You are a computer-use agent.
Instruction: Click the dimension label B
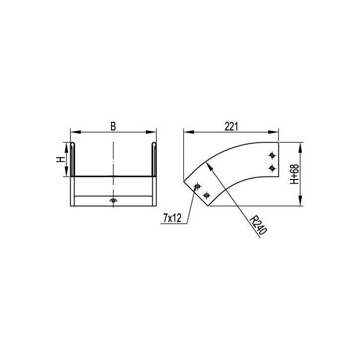pos(113,126)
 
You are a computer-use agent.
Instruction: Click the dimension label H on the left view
pos(60,159)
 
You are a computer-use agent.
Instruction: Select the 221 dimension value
pos(231,126)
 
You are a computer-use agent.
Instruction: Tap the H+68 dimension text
pos(294,174)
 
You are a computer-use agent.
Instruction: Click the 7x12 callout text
pos(172,218)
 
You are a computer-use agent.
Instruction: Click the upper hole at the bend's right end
pos(272,156)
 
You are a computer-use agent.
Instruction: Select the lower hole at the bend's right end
pos(272,169)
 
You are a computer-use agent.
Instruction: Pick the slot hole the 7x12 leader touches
pos(197,186)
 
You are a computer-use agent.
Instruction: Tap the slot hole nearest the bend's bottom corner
pos(207,195)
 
